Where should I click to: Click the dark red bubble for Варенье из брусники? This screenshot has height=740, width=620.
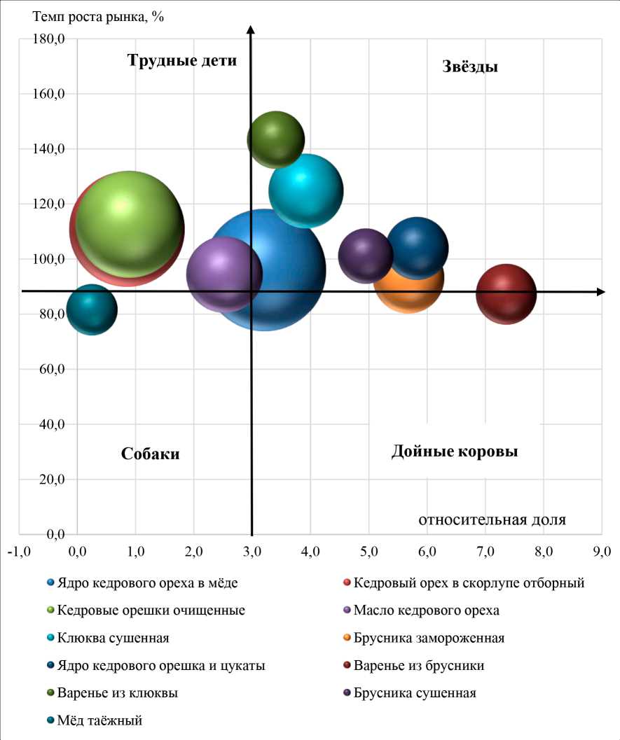506,294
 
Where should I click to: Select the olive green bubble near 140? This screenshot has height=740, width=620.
276,139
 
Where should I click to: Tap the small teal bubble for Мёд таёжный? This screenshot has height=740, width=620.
91,309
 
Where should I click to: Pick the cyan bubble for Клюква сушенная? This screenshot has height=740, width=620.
306,190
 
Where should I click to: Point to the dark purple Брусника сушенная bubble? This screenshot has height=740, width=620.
365,256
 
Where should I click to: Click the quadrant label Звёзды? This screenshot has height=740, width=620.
470,67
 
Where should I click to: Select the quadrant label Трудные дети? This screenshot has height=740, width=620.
182,60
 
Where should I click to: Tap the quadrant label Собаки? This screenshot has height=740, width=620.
151,454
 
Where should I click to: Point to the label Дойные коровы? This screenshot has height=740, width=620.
455,452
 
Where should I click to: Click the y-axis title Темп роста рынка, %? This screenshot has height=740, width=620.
98,16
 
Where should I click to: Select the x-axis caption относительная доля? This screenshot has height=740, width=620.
492,519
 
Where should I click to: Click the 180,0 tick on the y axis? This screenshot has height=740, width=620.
49,39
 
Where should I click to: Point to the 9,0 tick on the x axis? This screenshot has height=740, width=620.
602,551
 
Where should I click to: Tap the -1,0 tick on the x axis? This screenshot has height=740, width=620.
18,551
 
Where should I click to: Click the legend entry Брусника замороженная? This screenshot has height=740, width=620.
429,638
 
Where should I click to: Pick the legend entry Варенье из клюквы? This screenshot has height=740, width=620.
117,693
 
